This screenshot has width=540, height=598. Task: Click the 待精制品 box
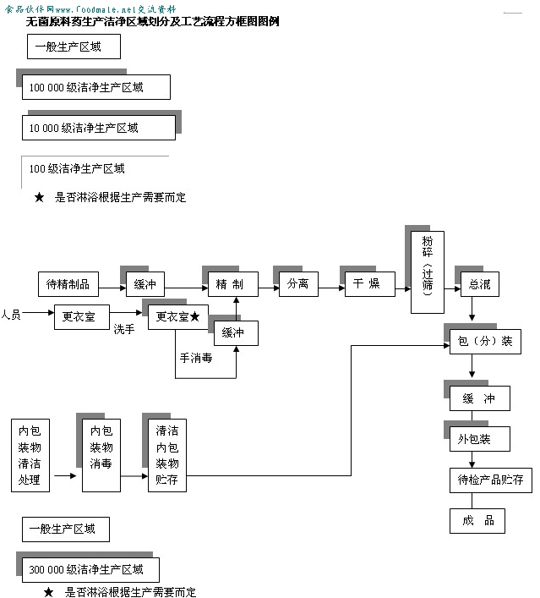(68, 283)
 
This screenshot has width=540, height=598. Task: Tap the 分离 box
(298, 283)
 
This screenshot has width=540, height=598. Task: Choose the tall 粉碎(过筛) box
(428, 274)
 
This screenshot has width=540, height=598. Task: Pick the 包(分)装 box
(484, 342)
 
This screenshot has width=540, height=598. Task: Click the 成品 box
(477, 520)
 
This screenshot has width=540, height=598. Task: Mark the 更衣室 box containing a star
(178, 317)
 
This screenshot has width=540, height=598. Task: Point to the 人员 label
(11, 315)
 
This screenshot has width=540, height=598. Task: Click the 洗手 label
(124, 329)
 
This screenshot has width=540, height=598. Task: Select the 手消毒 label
(195, 358)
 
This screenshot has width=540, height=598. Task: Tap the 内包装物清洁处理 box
(30, 455)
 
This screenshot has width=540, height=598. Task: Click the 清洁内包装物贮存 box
(166, 455)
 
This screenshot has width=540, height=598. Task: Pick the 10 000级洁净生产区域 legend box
(98, 128)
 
